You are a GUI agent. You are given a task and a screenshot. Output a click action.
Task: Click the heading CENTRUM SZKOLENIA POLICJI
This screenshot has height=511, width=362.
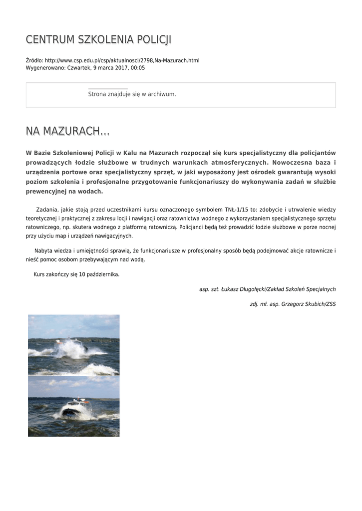point(98,40)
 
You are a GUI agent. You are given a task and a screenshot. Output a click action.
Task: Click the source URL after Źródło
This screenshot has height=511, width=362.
point(122,60)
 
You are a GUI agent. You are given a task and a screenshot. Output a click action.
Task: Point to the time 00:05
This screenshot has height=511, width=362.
point(138,68)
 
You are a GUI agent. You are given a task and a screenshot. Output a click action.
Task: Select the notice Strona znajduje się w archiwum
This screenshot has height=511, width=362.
point(132,94)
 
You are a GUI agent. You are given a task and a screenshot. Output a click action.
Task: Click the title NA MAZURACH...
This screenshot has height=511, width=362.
point(67,131)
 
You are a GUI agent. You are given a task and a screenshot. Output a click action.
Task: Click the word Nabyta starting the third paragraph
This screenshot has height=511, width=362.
point(44,251)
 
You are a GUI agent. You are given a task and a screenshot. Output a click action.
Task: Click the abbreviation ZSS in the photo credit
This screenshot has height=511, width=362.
point(331,304)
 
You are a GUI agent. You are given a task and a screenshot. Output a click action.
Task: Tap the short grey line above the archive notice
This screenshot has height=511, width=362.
point(108,89)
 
